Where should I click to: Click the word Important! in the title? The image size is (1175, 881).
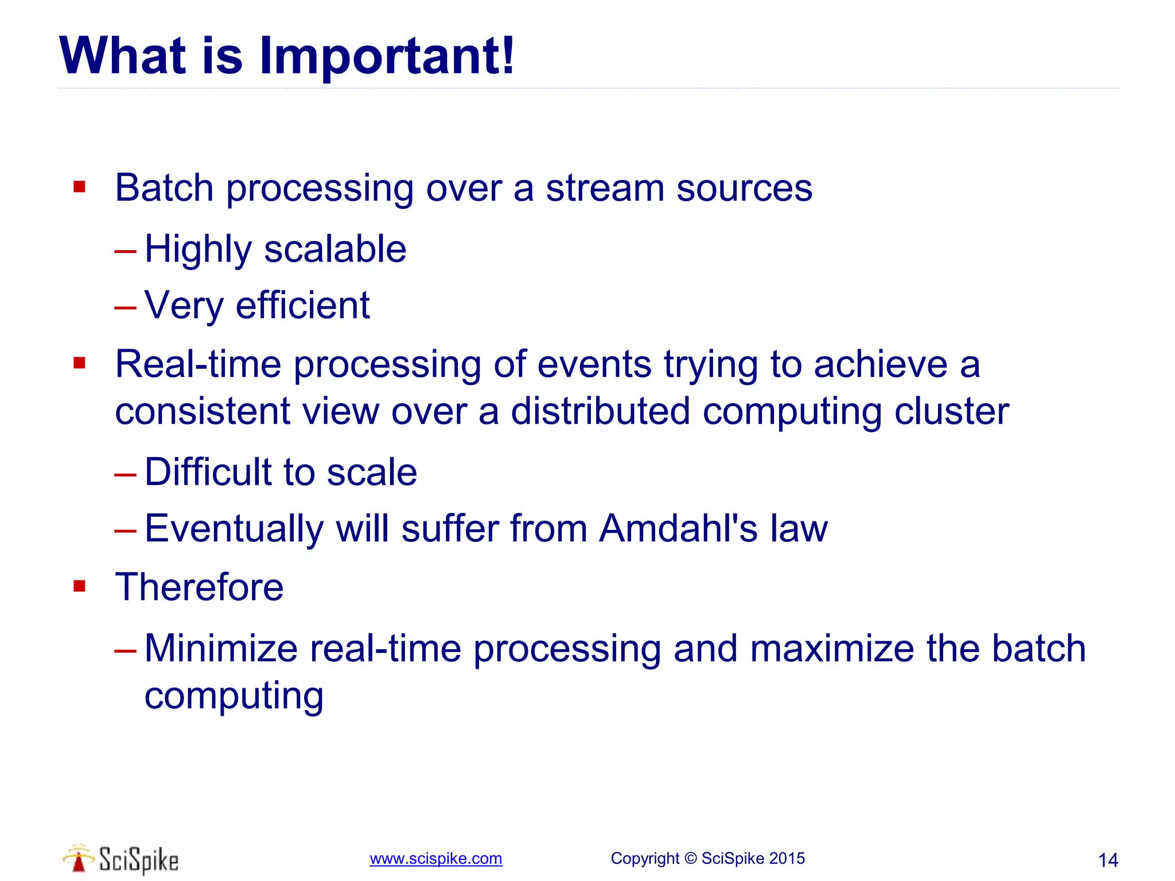pos(387,56)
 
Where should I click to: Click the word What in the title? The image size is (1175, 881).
pos(123,56)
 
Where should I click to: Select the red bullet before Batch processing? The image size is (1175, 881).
pos(79,187)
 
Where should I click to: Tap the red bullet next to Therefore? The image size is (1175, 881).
pos(79,586)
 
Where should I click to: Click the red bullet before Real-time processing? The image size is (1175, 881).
pos(79,362)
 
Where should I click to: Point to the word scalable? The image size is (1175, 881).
pos(335,250)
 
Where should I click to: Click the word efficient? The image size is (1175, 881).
pos(302,306)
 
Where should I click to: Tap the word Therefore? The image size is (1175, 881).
pos(199,587)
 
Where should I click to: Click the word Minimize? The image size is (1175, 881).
pos(221,649)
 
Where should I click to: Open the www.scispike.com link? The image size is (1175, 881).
pos(435,859)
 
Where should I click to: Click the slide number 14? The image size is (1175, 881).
pos(1107,860)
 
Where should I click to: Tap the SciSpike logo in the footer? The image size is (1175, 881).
pos(120,859)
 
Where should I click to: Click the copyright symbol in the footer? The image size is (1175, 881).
pos(691,859)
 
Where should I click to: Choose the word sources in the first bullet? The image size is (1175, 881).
pos(744,188)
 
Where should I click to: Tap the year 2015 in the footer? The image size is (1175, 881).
pos(787,859)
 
